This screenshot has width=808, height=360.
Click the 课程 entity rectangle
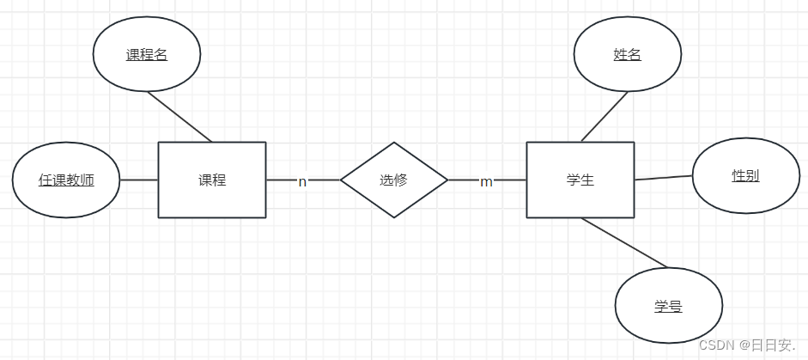(212, 180)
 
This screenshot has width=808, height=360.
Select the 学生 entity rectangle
(580, 180)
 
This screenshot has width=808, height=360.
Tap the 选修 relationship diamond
(394, 180)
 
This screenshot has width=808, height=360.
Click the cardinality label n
(302, 181)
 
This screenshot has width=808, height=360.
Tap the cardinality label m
(486, 181)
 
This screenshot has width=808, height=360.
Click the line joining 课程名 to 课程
(179, 116)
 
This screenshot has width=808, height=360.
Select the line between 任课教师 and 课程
(138, 180)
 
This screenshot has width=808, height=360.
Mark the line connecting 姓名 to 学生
(604, 116)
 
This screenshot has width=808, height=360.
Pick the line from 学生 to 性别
(663, 178)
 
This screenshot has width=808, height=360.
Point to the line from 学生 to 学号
(624, 243)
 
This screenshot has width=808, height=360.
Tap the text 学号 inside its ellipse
(669, 307)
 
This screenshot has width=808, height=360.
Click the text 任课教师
(66, 180)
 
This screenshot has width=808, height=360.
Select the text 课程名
(147, 54)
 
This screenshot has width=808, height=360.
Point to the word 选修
(394, 180)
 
